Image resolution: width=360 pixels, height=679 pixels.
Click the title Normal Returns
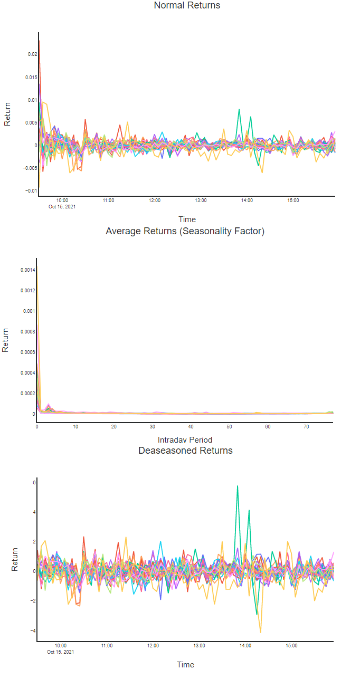point(187,6)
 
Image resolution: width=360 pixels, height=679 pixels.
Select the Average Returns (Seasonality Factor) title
point(185,231)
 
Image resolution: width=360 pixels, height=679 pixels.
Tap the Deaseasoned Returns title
point(185,451)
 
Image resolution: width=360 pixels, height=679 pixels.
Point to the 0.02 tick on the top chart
point(32,54)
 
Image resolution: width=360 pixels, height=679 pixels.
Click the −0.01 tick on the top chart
point(31,191)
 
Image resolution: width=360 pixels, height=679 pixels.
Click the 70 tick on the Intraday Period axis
point(306,426)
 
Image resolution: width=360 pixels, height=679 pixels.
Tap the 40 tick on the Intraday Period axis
point(191,426)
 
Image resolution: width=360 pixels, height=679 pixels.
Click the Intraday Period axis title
point(185,439)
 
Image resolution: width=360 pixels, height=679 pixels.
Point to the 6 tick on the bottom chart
point(33,482)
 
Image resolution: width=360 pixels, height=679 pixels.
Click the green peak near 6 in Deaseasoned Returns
point(238,486)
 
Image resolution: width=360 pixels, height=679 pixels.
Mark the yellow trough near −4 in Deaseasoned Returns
point(260,632)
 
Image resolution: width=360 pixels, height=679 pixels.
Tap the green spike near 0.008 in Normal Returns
point(239,110)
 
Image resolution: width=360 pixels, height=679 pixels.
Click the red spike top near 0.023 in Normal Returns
point(39,41)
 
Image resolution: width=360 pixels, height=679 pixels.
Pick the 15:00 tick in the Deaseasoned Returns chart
point(291,646)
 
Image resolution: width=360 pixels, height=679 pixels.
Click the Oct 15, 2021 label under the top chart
point(62,206)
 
